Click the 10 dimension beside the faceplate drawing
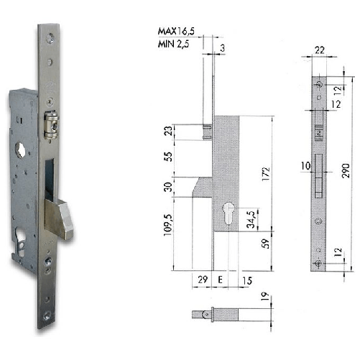(x=305, y=167)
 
